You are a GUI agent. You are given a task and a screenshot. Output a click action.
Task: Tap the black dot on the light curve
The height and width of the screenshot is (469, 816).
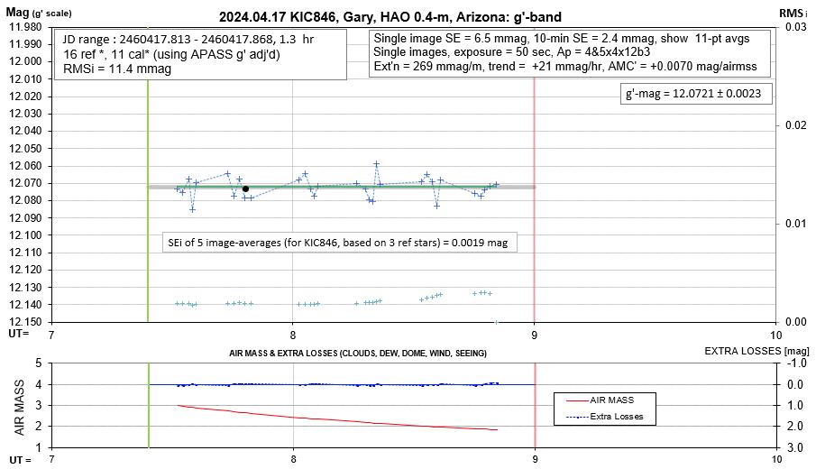pyautogui.click(x=245, y=189)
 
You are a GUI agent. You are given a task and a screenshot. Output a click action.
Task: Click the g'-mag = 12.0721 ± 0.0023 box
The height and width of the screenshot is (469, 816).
pyautogui.click(x=692, y=94)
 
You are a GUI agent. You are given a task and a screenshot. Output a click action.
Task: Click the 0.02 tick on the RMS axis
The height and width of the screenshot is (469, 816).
pyautogui.click(x=794, y=125)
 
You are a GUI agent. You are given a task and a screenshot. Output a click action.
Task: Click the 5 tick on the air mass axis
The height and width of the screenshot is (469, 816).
pyautogui.click(x=38, y=363)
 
